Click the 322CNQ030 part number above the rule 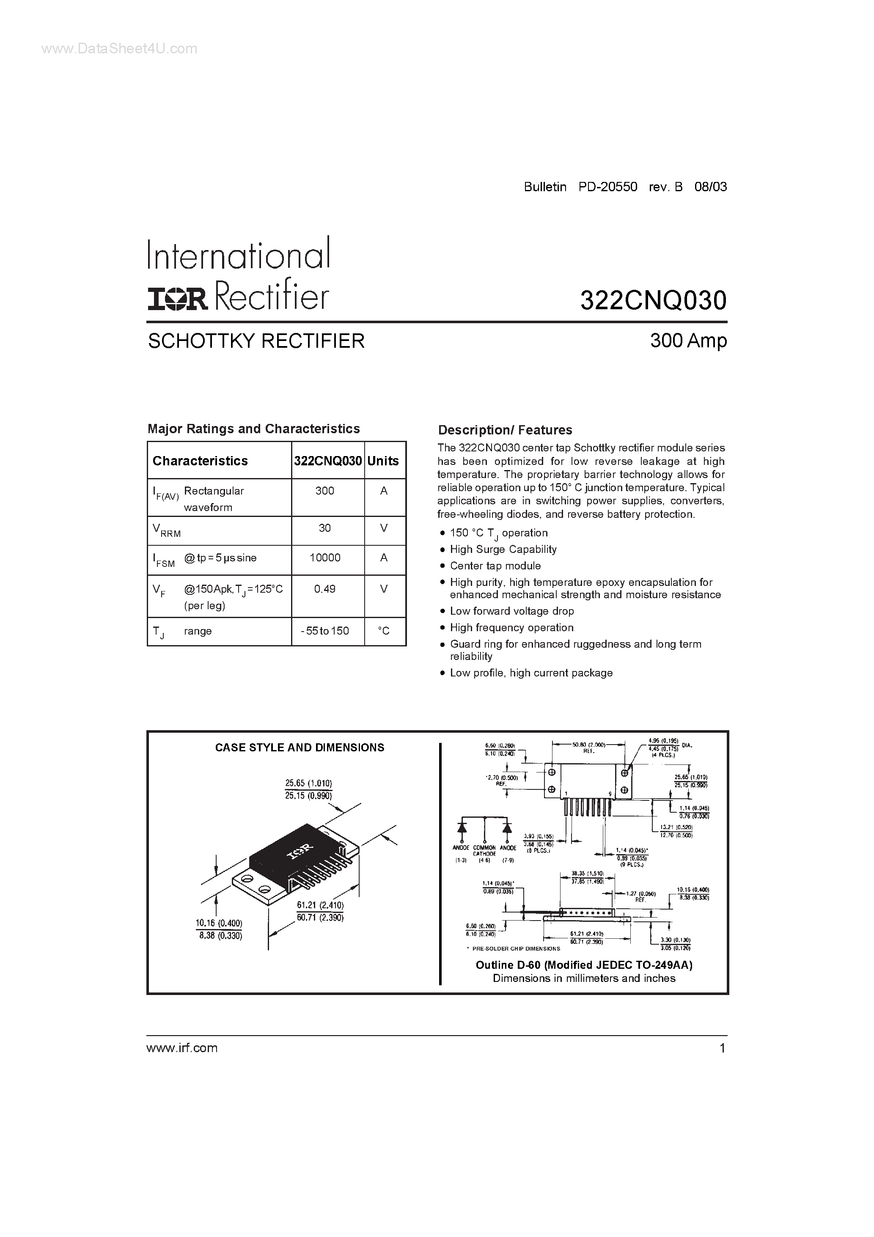click(653, 300)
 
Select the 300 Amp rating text click(688, 341)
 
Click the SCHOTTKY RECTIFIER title click(256, 341)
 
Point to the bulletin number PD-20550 click(608, 187)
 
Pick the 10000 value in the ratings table click(325, 558)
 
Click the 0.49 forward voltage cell click(325, 589)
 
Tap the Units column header click(383, 461)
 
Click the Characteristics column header click(200, 461)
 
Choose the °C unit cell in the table click(384, 630)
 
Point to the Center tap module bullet click(495, 566)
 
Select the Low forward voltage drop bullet click(512, 611)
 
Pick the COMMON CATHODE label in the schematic click(484, 851)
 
